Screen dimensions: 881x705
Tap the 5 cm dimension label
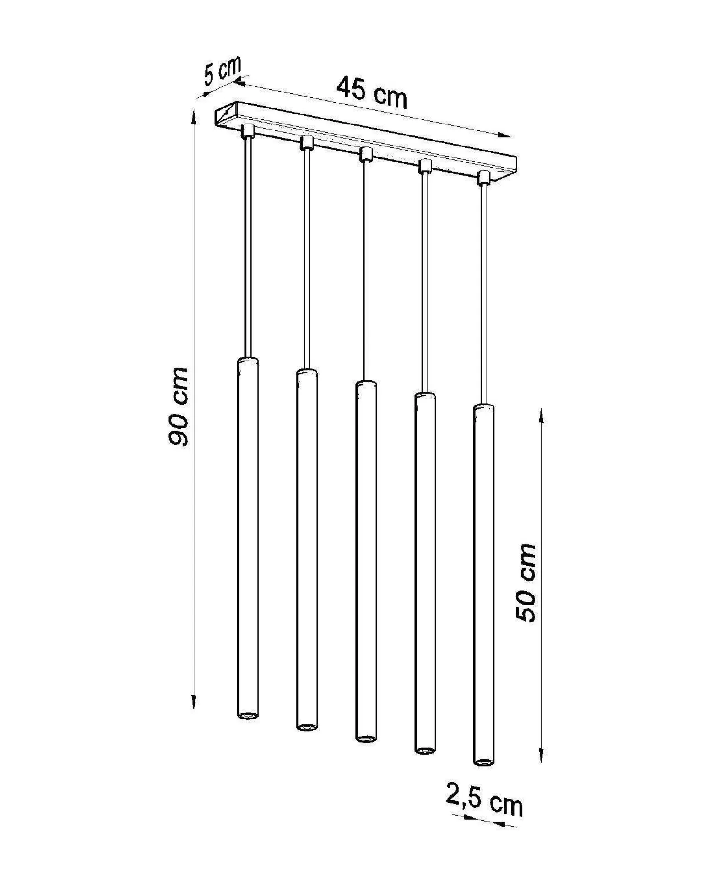coord(222,72)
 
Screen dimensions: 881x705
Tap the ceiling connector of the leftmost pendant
coord(248,130)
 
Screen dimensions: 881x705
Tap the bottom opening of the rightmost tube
coord(483,762)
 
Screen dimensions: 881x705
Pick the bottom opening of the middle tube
coord(366,739)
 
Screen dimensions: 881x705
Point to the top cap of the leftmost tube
coord(248,360)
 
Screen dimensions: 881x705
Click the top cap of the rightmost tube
coord(483,407)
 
